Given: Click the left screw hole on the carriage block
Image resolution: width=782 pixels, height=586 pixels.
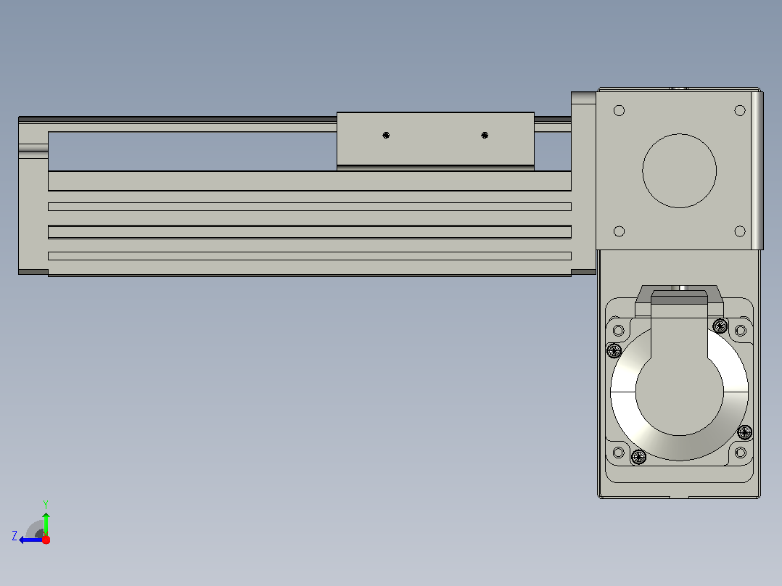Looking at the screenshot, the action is (x=386, y=135).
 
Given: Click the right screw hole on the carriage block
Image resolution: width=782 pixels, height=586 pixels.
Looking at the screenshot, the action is (x=485, y=135).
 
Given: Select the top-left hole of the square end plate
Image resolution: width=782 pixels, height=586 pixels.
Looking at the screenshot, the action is (x=619, y=110).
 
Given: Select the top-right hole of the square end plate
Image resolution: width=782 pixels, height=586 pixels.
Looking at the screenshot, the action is (x=740, y=110).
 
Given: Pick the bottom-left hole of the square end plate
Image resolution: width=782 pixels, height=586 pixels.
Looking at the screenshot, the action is (x=619, y=231).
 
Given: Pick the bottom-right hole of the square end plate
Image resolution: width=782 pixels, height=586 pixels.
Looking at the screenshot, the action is (x=740, y=231).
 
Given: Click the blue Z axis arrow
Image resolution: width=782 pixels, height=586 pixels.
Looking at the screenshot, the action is (x=31, y=540).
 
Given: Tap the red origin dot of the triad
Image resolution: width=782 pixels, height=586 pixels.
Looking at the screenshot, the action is (x=46, y=540).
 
